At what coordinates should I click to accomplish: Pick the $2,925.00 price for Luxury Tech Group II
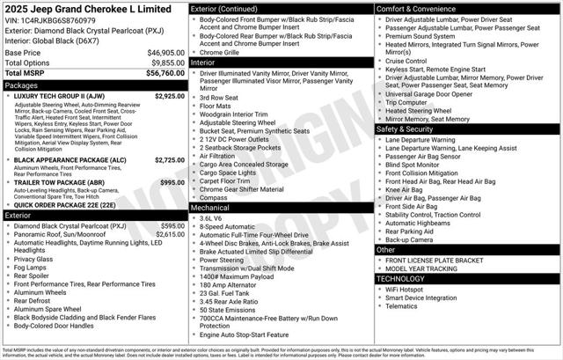click(169, 96)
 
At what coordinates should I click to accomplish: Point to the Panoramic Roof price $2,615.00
click(170, 235)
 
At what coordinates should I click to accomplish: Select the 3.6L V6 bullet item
click(211, 218)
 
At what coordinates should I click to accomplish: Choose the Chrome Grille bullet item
click(221, 52)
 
